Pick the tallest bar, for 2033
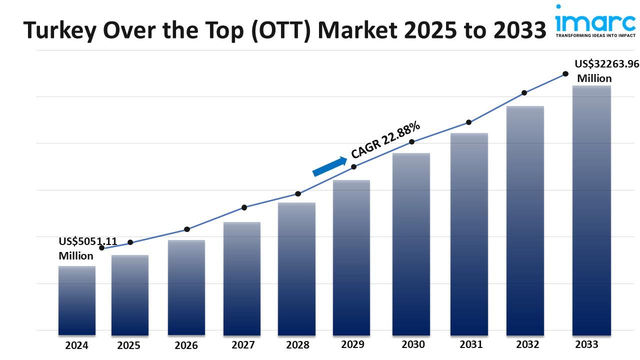[x=591, y=210]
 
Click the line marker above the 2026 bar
[x=187, y=229]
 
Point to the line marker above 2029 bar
[x=353, y=166]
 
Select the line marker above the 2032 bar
[x=524, y=92]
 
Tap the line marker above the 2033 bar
[x=565, y=73]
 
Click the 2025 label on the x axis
[x=129, y=345]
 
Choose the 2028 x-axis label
[x=297, y=345]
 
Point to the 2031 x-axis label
[x=471, y=344]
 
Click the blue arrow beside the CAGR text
[x=329, y=166]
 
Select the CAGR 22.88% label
[x=385, y=139]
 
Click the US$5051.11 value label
[x=88, y=241]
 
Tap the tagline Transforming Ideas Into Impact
[x=595, y=35]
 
